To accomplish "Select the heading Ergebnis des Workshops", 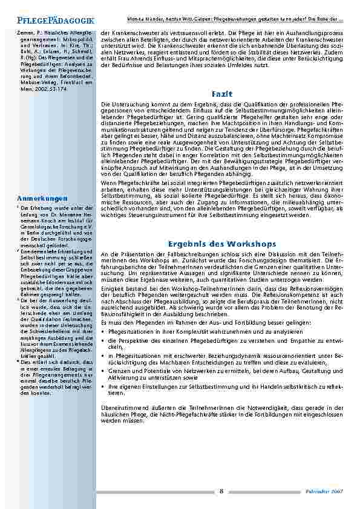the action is (222, 244).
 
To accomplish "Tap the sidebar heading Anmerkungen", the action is (42, 198).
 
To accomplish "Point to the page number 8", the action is (221, 491).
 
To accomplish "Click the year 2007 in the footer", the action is (337, 492).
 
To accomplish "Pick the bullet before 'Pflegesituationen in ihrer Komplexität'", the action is (104, 332).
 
